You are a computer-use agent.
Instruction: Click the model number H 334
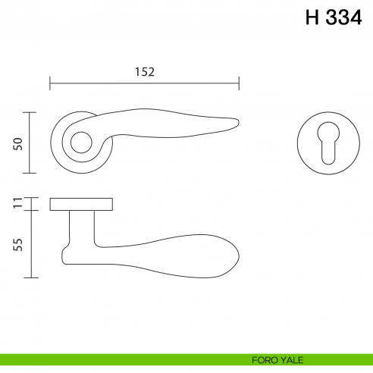click(334, 18)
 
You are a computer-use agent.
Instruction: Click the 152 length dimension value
click(145, 72)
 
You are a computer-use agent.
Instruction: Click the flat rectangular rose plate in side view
click(82, 203)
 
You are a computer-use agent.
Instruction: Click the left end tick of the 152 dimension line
click(50, 83)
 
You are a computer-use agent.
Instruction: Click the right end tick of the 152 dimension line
click(240, 83)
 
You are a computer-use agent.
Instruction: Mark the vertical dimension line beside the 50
click(30, 143)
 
